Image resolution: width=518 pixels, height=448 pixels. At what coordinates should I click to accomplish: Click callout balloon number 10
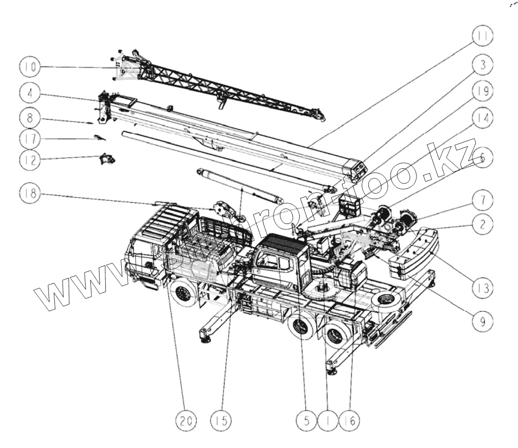[30, 67]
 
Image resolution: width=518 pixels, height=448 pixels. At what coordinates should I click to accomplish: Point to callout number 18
[30, 194]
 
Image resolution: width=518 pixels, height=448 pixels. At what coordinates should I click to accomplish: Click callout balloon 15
[221, 421]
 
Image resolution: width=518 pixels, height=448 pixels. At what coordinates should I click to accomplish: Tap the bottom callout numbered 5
[310, 421]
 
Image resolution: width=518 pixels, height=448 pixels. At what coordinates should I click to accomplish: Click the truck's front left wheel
[184, 294]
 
